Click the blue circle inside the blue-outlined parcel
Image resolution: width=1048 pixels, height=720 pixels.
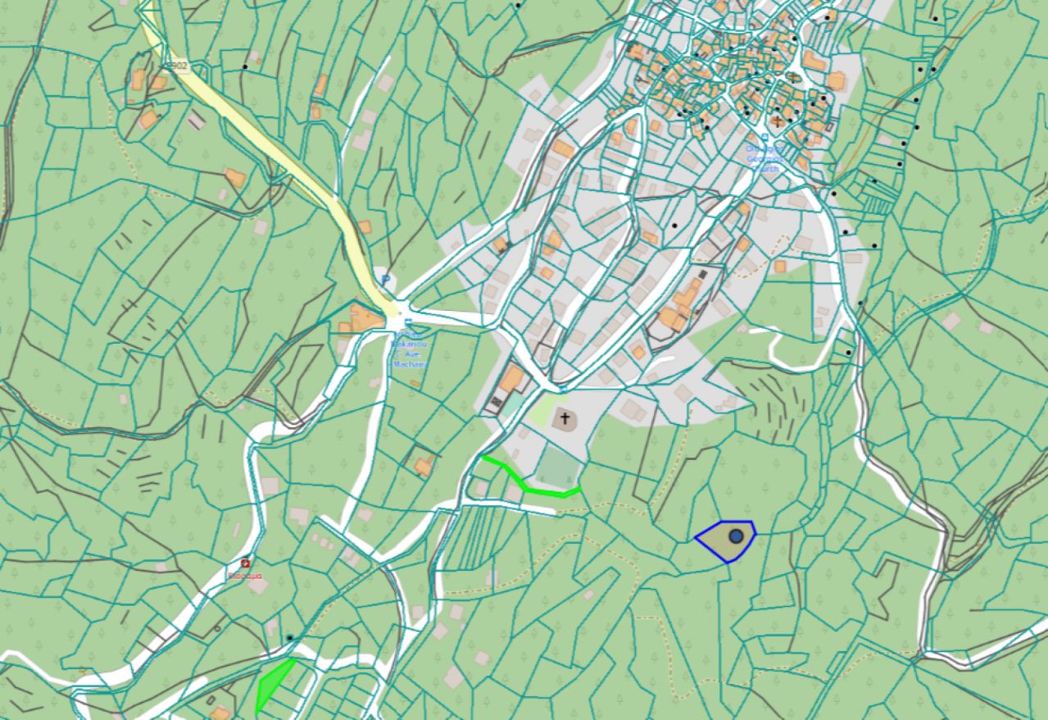736,536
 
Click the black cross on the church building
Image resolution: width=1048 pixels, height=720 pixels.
565,419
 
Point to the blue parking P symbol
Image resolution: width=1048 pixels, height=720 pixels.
385,280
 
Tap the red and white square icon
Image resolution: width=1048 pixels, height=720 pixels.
245,563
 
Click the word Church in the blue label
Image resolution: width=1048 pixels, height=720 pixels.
764,169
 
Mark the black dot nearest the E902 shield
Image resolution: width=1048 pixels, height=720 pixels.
244,66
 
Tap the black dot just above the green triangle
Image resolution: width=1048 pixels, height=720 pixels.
289,637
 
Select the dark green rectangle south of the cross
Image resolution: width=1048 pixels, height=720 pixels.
557,468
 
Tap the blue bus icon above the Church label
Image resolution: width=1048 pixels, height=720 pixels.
764,137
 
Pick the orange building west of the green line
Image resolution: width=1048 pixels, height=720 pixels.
424,467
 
